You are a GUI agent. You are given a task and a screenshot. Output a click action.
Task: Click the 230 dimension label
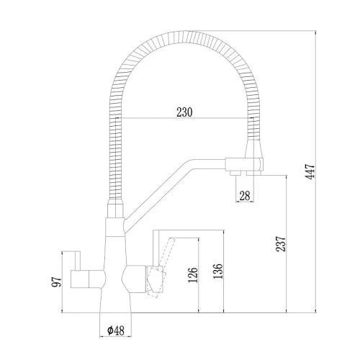(x=184, y=112)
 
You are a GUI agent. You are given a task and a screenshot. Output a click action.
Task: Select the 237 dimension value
(x=281, y=244)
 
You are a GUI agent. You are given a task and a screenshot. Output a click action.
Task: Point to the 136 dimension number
(x=218, y=271)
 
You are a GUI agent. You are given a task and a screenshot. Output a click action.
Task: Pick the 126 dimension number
(x=193, y=275)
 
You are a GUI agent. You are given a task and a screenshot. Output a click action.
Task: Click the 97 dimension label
(x=57, y=282)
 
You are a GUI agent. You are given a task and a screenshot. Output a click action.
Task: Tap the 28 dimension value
(x=245, y=196)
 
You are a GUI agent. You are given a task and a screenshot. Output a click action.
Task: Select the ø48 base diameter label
(x=116, y=330)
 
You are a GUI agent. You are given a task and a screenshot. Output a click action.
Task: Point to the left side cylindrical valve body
(x=88, y=279)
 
